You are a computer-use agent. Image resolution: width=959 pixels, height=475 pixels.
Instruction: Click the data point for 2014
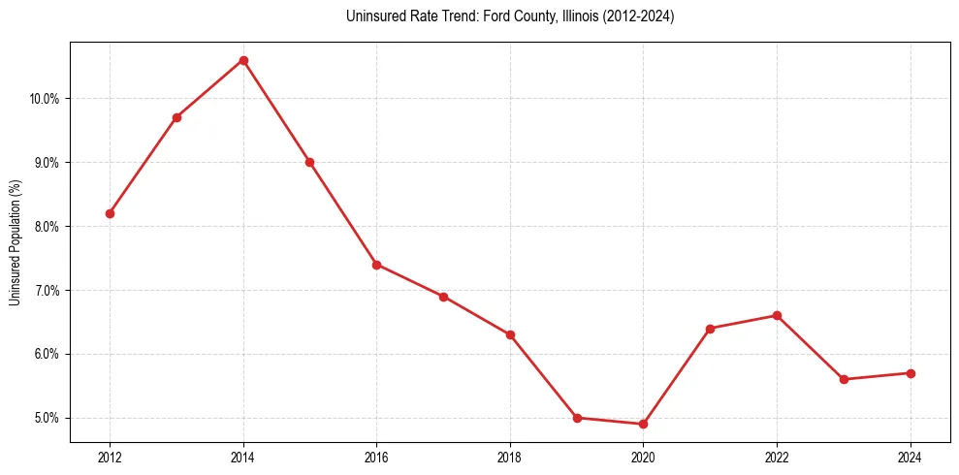point(243,60)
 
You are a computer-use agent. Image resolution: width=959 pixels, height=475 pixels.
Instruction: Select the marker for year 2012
point(110,213)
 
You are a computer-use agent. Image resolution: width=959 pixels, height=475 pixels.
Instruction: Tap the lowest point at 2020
point(644,424)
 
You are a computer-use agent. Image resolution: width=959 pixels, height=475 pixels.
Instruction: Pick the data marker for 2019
point(577,418)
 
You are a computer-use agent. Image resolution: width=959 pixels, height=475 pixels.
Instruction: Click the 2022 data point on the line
point(778,315)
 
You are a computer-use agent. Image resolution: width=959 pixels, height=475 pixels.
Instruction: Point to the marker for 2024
point(911,373)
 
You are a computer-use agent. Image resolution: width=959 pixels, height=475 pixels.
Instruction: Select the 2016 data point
point(376,265)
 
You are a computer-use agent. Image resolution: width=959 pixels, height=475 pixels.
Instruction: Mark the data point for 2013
point(176,117)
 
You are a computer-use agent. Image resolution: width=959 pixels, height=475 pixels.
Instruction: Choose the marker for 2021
point(711,329)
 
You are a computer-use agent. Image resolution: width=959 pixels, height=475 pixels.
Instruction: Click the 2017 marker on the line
point(443,297)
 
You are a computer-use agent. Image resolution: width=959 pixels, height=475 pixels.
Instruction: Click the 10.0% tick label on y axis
point(45,99)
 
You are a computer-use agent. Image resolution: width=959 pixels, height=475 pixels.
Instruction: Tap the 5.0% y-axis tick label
point(47,418)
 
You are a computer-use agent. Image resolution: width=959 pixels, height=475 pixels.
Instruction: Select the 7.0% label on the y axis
point(47,290)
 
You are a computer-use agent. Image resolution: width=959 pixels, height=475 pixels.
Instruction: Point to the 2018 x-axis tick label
point(510,457)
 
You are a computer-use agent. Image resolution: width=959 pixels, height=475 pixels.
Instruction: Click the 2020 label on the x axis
point(644,457)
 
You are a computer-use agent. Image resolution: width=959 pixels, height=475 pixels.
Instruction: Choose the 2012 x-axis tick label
point(110,457)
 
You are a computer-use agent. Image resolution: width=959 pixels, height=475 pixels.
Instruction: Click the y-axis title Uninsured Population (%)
point(15,242)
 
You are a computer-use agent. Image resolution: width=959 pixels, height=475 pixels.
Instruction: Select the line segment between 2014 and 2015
point(276,111)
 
